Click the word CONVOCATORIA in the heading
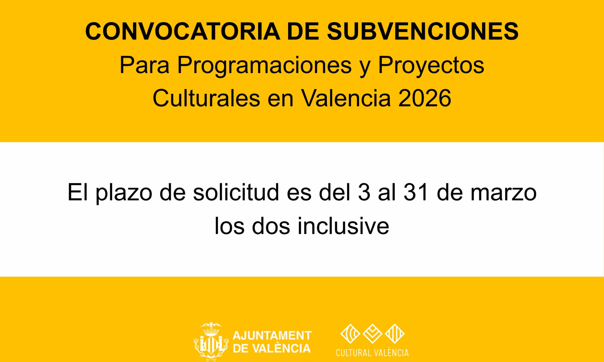click(x=183, y=31)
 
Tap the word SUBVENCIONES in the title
click(x=423, y=31)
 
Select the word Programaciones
click(x=265, y=65)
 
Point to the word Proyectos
click(x=431, y=65)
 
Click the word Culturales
click(x=206, y=98)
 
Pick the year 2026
click(x=425, y=98)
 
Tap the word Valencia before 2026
click(x=346, y=98)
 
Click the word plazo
click(x=124, y=193)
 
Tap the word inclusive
click(x=343, y=226)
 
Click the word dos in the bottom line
click(x=271, y=226)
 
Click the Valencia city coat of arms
click(x=211, y=341)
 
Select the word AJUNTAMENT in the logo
click(x=272, y=336)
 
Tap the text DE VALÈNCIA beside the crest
click(x=272, y=348)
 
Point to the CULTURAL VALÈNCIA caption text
click(x=372, y=353)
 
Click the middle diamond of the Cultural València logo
click(x=372, y=334)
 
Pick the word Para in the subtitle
click(x=145, y=65)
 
